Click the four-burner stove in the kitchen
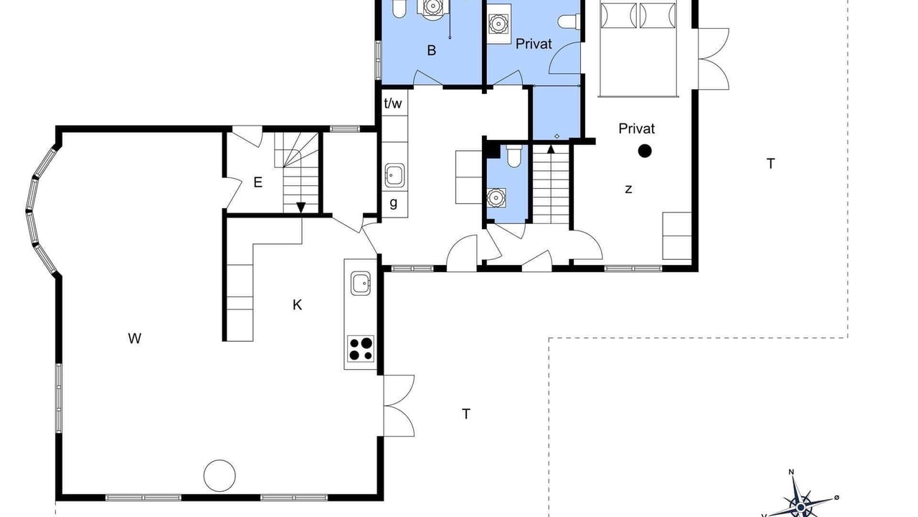(x=361, y=349)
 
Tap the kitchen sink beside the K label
(x=361, y=283)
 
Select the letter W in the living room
(x=134, y=338)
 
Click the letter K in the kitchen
(x=297, y=305)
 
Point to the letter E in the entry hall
(x=257, y=182)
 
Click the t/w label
(x=393, y=103)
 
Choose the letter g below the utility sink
(x=394, y=202)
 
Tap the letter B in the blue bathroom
(x=431, y=50)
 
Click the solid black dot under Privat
(x=645, y=151)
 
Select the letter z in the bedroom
(x=628, y=189)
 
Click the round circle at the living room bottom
(x=219, y=475)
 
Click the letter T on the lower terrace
(x=465, y=414)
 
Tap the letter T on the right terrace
(x=770, y=164)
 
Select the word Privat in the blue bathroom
(x=534, y=44)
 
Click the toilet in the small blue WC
(x=514, y=157)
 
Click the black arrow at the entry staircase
(x=301, y=208)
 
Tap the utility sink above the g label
(x=394, y=175)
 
